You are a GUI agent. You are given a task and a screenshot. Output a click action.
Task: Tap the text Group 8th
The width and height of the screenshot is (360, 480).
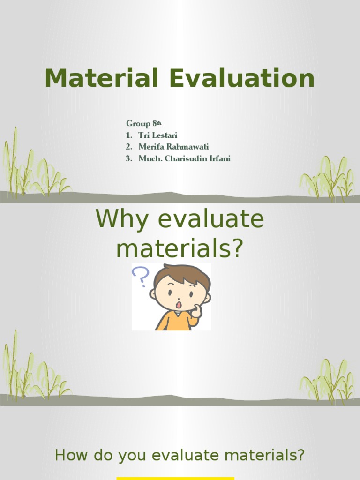pyautogui.click(x=143, y=124)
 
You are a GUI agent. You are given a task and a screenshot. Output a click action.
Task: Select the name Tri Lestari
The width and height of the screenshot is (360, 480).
pyautogui.click(x=158, y=135)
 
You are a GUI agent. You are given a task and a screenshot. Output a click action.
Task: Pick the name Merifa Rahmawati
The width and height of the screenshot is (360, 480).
pyautogui.click(x=173, y=147)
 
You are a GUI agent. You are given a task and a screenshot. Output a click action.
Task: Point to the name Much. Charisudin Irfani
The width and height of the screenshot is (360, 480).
pyautogui.click(x=184, y=159)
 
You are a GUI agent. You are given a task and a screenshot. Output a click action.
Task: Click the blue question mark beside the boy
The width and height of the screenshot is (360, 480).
pyautogui.click(x=140, y=276)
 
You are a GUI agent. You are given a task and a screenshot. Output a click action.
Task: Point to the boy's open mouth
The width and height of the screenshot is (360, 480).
pyautogui.click(x=179, y=305)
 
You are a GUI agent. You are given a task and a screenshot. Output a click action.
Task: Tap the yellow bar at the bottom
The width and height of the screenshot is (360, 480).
pyautogui.click(x=175, y=478)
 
